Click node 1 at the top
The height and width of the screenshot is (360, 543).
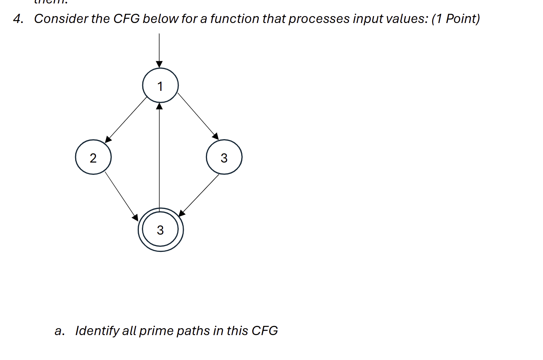click(x=160, y=85)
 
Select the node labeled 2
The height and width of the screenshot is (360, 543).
click(x=93, y=157)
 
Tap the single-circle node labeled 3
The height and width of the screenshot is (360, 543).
click(x=224, y=157)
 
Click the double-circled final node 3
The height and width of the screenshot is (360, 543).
click(x=161, y=230)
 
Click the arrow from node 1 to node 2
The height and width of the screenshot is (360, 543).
click(x=126, y=119)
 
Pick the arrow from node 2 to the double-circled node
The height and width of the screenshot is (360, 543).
click(x=121, y=196)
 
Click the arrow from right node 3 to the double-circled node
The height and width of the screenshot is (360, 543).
click(x=199, y=195)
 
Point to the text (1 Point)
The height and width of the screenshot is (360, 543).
click(x=456, y=19)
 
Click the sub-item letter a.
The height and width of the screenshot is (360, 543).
click(x=59, y=331)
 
